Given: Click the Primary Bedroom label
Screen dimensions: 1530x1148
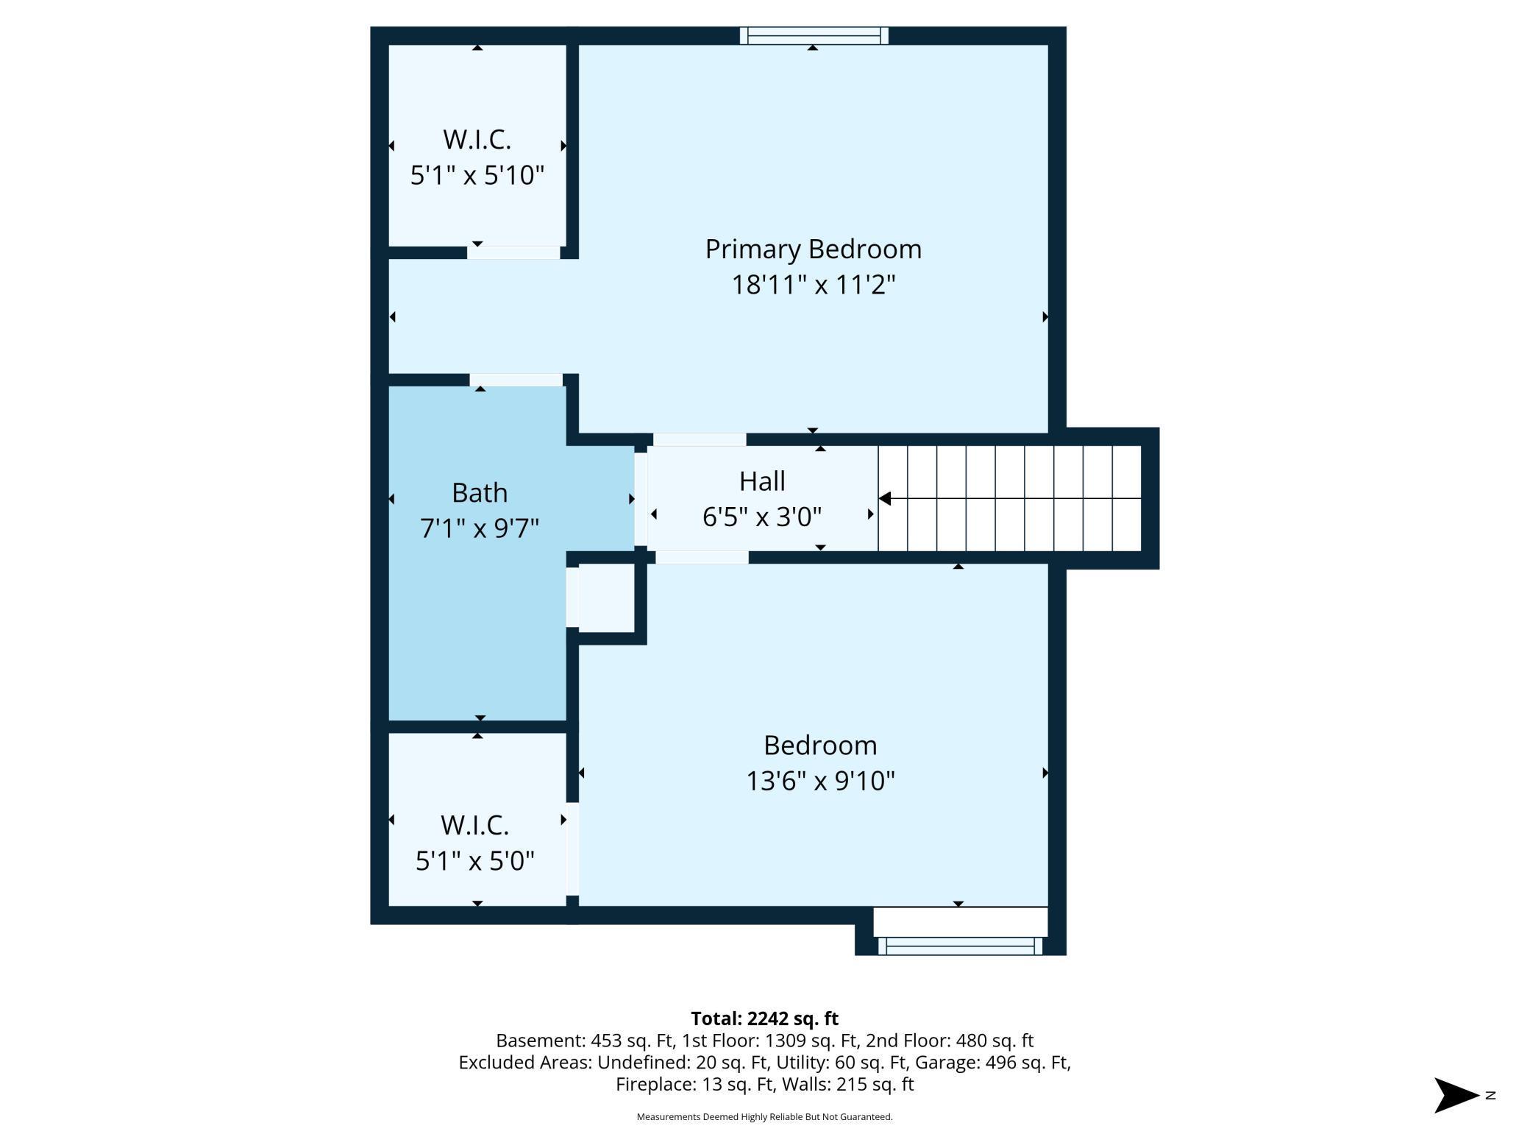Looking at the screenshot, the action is [813, 249].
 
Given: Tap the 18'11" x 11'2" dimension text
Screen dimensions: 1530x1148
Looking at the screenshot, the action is [813, 284].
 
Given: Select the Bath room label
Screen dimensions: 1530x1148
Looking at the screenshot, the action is [480, 492].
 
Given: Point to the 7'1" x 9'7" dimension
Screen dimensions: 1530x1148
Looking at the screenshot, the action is [480, 528].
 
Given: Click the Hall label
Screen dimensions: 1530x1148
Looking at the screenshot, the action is [762, 481].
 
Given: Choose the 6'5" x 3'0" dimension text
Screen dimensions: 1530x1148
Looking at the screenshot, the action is [762, 517].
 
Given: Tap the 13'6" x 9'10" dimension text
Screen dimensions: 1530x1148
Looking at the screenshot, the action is [820, 780].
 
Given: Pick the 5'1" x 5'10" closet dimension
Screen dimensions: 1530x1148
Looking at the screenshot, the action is [477, 175].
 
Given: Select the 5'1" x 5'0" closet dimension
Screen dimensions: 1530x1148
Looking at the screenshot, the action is [475, 860].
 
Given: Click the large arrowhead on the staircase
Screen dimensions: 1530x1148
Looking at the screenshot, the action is [885, 498].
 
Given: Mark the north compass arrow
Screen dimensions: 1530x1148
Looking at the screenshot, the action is [1456, 1095].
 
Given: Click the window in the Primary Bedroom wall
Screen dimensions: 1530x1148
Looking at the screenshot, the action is [814, 35].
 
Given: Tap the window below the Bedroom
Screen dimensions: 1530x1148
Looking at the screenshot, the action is [960, 946].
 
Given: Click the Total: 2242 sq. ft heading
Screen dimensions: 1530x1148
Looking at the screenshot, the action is [765, 1018].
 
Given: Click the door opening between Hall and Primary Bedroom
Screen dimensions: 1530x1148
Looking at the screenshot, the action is [700, 439].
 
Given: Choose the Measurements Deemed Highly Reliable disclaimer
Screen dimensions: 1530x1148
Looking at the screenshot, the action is [764, 1117].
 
